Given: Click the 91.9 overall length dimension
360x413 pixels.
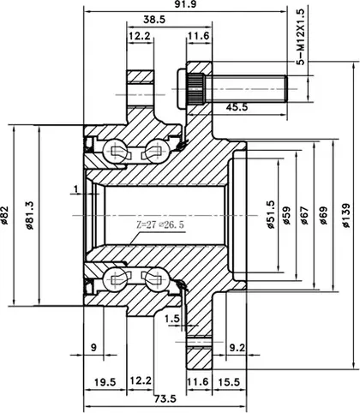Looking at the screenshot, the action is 185,4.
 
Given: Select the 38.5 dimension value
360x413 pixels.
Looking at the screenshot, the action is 154,20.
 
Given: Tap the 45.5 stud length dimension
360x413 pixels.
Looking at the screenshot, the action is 237,107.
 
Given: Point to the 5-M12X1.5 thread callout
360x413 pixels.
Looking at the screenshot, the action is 301,37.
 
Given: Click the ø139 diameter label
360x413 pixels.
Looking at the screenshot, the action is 346,215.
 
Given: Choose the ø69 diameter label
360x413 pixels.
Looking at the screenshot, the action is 323,215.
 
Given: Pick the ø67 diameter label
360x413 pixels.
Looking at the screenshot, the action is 304,215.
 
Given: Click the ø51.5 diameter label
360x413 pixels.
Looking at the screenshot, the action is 270,215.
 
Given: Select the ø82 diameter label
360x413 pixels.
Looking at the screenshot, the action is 5,215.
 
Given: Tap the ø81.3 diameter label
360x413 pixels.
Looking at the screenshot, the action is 29,215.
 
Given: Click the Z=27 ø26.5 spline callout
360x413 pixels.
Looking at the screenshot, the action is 159,224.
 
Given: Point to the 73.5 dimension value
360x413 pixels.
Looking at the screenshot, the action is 165,398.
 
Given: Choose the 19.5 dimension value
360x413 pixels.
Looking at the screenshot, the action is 105,382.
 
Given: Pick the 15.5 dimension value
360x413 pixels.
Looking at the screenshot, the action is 229,382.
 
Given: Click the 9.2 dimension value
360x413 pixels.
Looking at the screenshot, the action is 237,348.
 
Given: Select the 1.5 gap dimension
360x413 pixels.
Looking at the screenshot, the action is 172,318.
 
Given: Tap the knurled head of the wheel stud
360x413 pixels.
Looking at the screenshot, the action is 196,89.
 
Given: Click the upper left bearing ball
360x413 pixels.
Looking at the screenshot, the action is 113,150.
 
